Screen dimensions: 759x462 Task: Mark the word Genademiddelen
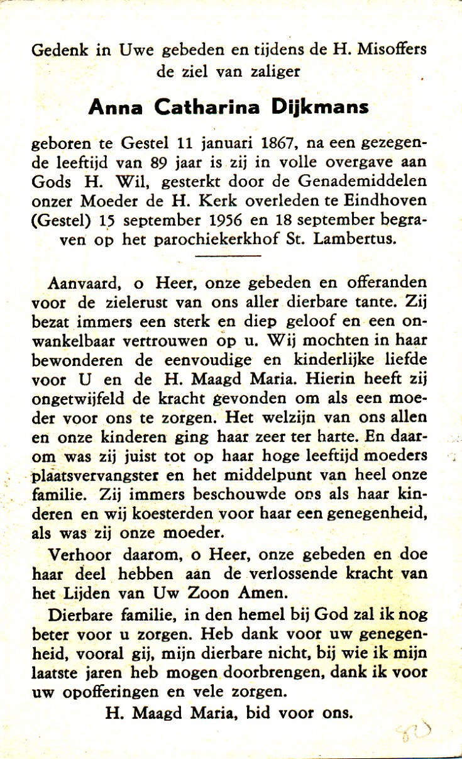pos(370,182)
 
